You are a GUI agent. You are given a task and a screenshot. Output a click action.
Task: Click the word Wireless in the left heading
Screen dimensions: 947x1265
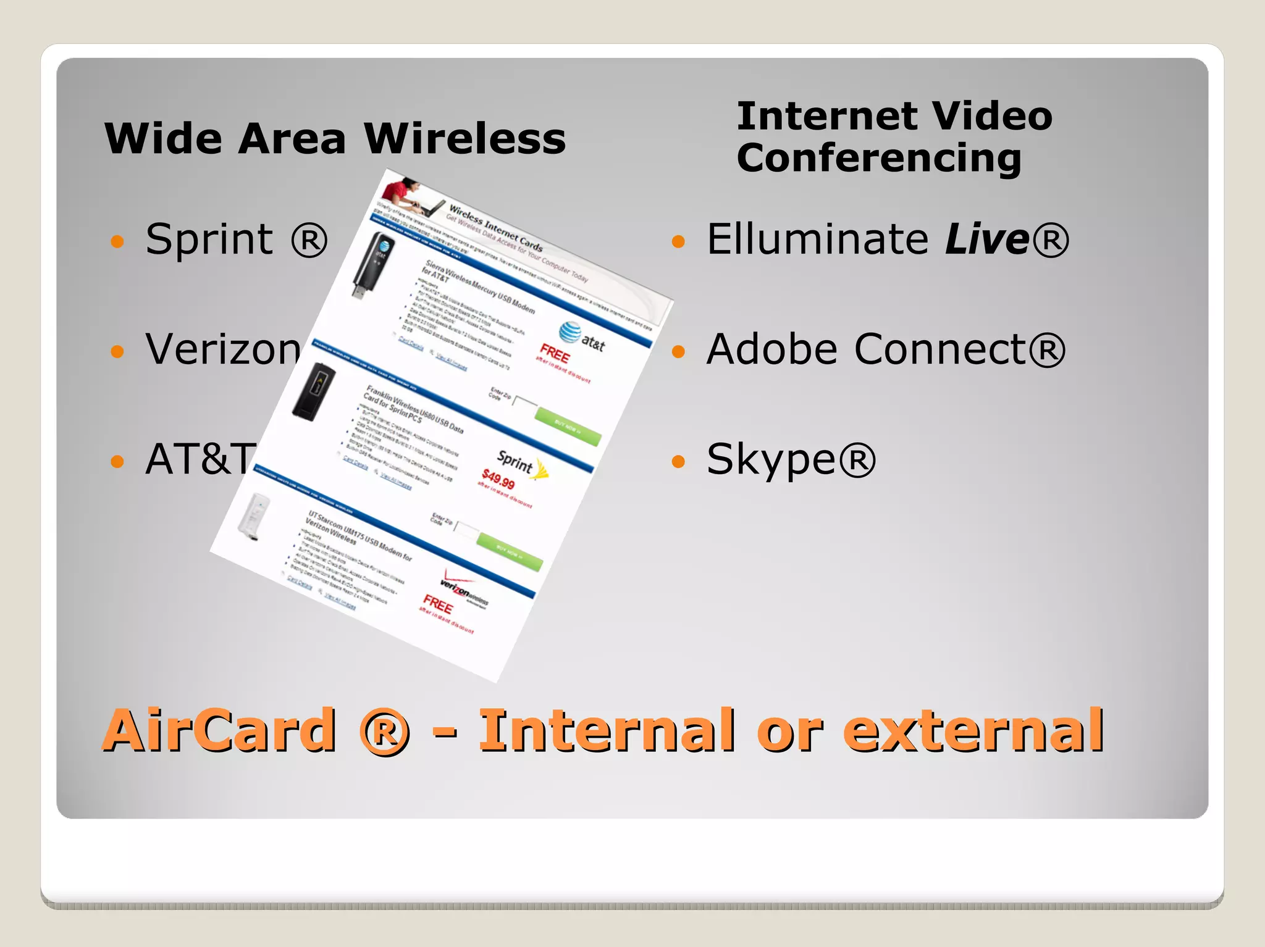click(x=464, y=138)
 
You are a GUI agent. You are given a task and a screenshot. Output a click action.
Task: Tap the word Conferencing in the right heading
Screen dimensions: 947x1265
click(x=879, y=158)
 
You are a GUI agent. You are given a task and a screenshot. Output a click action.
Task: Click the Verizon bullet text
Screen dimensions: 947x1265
click(x=222, y=349)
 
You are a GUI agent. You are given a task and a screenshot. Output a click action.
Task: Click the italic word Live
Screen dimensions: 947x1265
click(x=986, y=239)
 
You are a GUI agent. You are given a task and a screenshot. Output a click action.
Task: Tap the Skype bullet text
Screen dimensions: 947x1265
click(x=791, y=460)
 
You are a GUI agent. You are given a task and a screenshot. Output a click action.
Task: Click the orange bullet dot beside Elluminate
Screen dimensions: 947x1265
click(x=678, y=241)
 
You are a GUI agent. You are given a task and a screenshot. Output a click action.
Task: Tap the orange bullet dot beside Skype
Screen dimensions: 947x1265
click(x=678, y=461)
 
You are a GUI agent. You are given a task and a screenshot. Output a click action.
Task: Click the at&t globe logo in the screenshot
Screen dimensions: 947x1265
click(x=569, y=332)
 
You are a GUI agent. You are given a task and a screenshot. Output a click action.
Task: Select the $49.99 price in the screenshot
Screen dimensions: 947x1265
click(x=498, y=478)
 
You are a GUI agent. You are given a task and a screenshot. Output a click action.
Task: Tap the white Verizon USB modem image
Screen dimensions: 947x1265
click(x=253, y=515)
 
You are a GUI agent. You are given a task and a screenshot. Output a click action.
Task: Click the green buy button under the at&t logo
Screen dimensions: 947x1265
click(x=568, y=427)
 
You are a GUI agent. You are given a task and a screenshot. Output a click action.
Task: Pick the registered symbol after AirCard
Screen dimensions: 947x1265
click(x=384, y=732)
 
